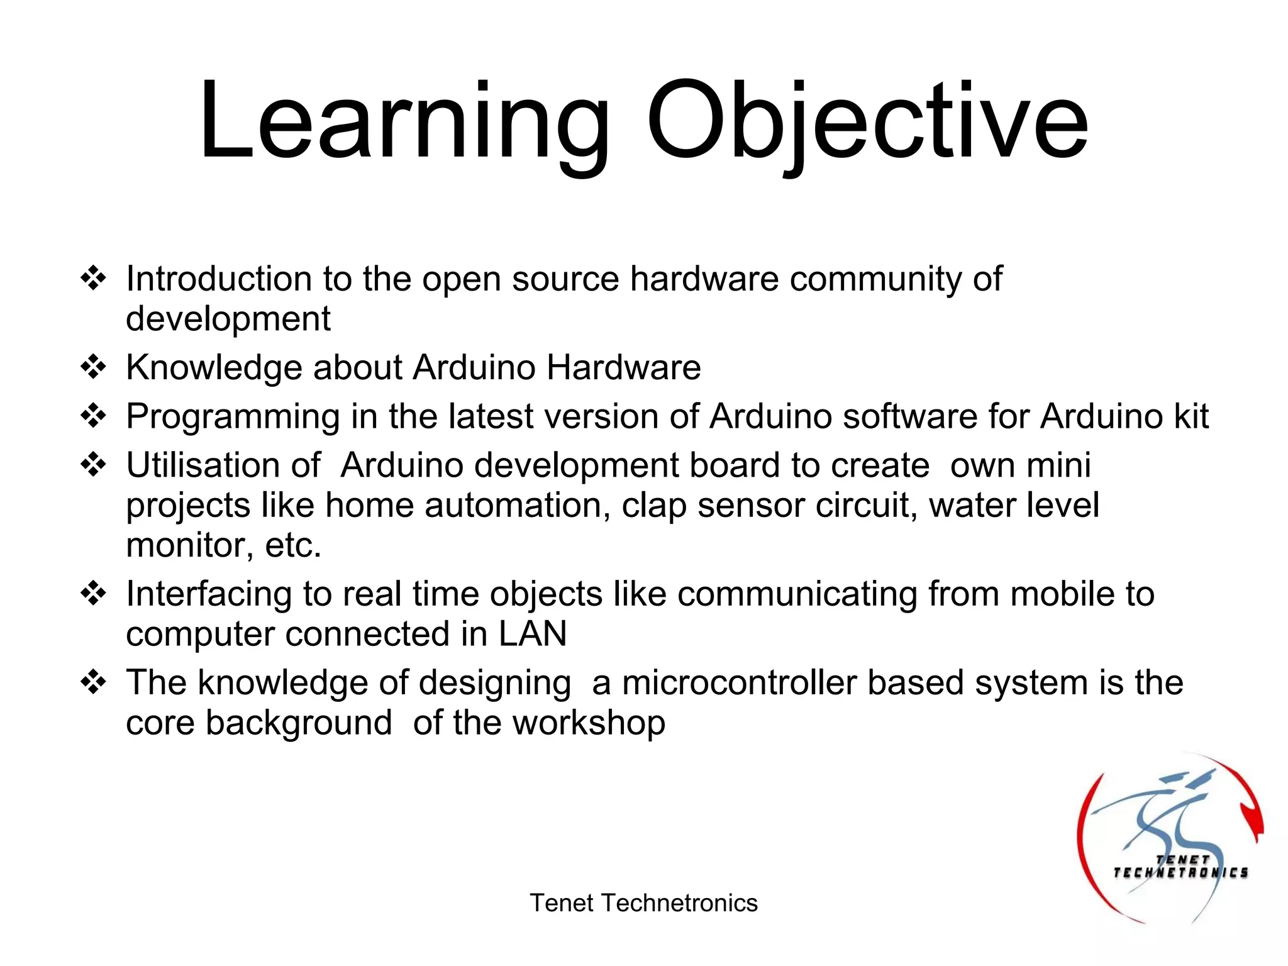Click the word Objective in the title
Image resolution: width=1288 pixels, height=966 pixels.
click(x=867, y=123)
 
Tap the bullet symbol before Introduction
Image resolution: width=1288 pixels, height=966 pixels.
click(x=93, y=278)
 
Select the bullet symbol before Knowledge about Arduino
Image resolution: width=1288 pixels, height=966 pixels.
click(x=93, y=367)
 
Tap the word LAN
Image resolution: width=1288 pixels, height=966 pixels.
click(x=533, y=633)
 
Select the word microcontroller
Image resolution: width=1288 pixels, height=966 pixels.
click(x=739, y=683)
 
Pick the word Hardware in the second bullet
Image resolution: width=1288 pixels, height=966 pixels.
click(x=623, y=367)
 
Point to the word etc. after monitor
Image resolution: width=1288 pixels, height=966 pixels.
click(x=293, y=546)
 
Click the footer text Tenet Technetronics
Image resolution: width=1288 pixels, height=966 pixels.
click(x=643, y=903)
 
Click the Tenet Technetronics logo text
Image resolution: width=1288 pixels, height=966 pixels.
click(x=1180, y=867)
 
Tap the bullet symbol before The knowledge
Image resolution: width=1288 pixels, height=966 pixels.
click(x=93, y=682)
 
